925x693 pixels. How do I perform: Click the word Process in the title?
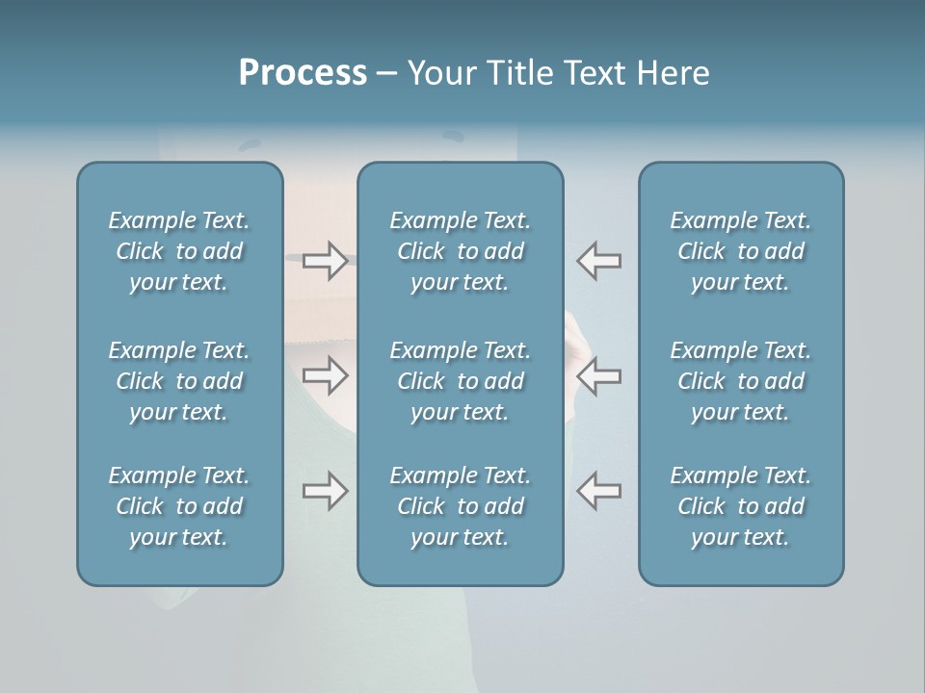click(x=303, y=73)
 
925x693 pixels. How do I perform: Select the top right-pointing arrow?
click(x=325, y=261)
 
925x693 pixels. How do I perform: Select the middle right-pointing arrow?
click(x=325, y=375)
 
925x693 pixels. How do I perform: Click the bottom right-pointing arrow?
click(x=325, y=491)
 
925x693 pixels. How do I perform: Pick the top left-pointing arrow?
click(x=598, y=261)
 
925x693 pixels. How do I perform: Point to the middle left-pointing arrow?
click(x=598, y=375)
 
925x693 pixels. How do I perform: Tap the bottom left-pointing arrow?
click(x=598, y=491)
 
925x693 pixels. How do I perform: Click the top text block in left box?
click(x=179, y=251)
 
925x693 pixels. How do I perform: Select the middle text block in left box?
click(x=179, y=381)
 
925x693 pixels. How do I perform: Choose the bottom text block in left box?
click(x=179, y=506)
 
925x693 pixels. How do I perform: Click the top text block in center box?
click(x=460, y=251)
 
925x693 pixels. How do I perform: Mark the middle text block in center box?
click(x=460, y=381)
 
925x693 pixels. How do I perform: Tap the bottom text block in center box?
click(x=460, y=506)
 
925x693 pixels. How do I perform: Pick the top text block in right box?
click(x=741, y=251)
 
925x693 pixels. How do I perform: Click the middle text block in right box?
click(x=741, y=381)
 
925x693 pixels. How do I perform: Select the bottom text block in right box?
click(x=741, y=506)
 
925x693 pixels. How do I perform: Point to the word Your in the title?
click(x=439, y=73)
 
